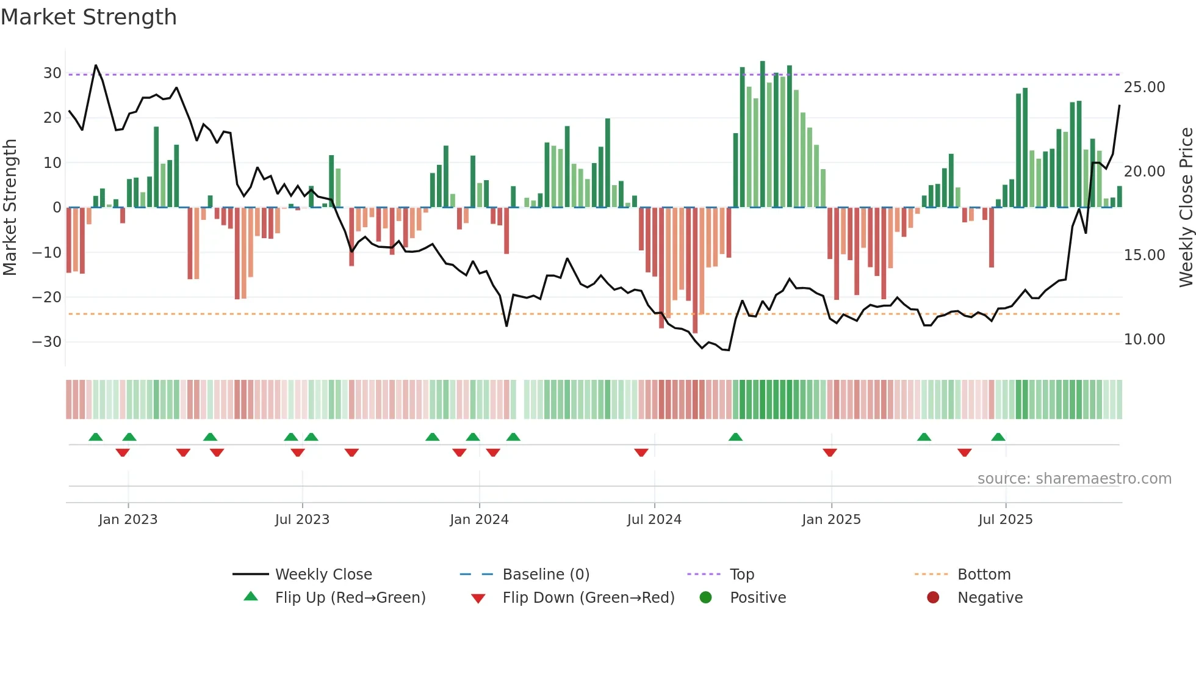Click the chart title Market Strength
click(88, 17)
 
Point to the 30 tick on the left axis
click(52, 73)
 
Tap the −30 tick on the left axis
click(48, 342)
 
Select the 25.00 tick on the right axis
click(1144, 87)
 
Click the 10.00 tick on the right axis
click(1144, 340)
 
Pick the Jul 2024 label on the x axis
click(654, 520)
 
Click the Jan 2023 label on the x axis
click(128, 520)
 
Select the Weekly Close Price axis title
click(1186, 208)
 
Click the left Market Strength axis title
click(10, 208)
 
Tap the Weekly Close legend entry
click(323, 575)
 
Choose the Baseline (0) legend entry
click(546, 575)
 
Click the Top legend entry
click(741, 575)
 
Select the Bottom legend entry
click(984, 575)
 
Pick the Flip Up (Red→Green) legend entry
click(350, 598)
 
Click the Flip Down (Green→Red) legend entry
click(588, 598)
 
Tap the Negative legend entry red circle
click(933, 597)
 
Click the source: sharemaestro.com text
click(1074, 479)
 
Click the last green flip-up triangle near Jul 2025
click(998, 437)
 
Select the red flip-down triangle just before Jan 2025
click(830, 453)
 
